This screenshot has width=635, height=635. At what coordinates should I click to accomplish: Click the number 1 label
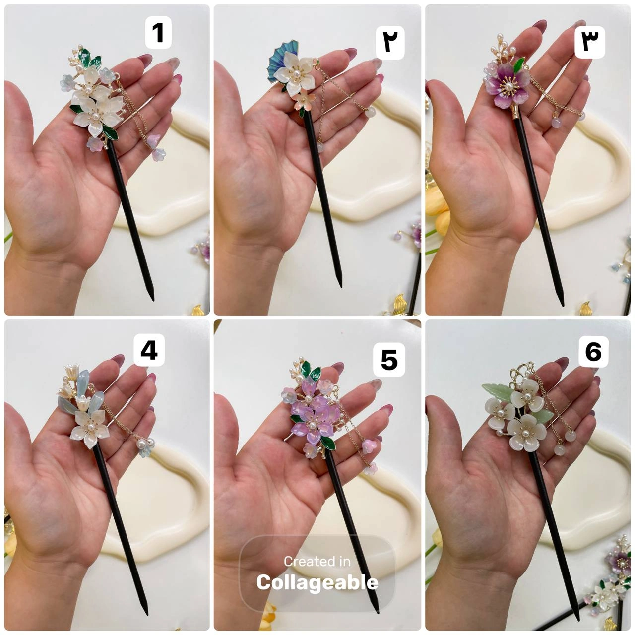[x=158, y=33]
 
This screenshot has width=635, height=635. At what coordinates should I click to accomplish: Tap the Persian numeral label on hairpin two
[x=390, y=43]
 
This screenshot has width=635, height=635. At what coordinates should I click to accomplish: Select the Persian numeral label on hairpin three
[x=590, y=43]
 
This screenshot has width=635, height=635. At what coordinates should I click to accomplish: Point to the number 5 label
[x=389, y=360]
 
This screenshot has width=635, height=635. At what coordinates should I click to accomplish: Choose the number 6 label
[x=593, y=352]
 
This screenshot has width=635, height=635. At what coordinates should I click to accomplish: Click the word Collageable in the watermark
[x=317, y=582]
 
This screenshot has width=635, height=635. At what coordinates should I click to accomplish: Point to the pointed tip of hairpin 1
[x=152, y=299]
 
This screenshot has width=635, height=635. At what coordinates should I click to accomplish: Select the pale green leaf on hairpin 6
[x=497, y=392]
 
